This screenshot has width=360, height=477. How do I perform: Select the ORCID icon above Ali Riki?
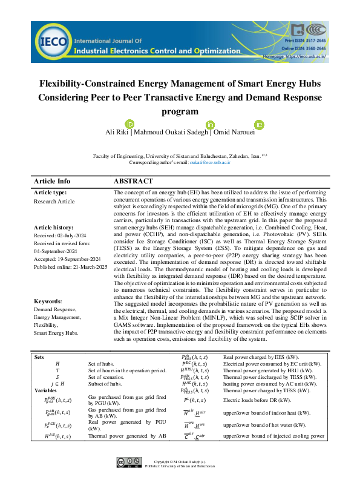pos(128,123)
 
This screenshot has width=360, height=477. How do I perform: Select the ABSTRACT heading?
pos(133,181)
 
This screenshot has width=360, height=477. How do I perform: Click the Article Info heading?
pos(52,181)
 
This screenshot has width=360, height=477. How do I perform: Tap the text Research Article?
pos(54,200)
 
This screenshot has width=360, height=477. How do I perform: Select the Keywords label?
pos(48,301)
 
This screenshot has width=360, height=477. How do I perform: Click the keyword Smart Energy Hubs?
pos(55,333)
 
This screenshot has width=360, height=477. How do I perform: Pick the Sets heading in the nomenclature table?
pos(39,357)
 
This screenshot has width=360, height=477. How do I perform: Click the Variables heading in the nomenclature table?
pos(45,390)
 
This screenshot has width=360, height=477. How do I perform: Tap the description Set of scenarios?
pos(110,377)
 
